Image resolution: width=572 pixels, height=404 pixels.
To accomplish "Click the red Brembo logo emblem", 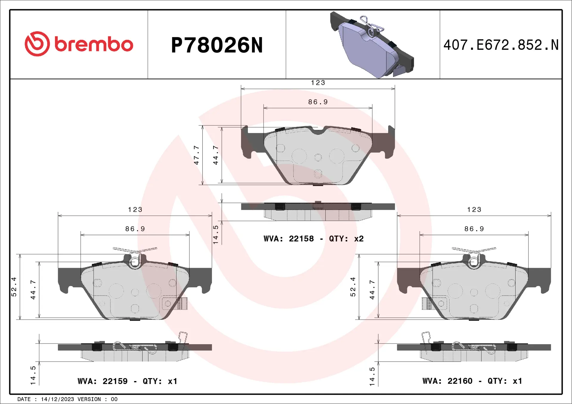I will pos(37,44).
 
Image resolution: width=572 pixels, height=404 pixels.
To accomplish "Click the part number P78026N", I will pos(217,45).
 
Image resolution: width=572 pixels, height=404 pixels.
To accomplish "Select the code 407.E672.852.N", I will pos(501,45).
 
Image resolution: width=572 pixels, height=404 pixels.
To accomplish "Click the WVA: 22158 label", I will pos(288,239).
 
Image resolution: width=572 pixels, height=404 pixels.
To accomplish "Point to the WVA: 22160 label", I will pos(447,381).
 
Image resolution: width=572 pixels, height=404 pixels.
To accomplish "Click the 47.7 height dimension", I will pos(196,155).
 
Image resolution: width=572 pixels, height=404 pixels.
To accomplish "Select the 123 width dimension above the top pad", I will pos(318,83).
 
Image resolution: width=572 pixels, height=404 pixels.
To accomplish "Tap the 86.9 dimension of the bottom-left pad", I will pos(135,229).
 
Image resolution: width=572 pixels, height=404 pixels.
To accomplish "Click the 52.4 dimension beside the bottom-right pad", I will pos(353,287).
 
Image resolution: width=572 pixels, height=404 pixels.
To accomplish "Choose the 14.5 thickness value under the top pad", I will pos(215,235).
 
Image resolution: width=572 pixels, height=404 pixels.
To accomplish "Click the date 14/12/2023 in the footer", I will pos(57,399).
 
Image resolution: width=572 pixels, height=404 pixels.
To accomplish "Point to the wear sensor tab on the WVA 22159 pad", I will pos(182,303).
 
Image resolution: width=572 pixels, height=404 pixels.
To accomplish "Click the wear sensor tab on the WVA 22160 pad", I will pos(427,303).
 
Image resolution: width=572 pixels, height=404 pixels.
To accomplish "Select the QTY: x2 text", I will pos(346,239).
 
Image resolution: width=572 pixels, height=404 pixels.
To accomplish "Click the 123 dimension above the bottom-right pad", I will pos(474,209).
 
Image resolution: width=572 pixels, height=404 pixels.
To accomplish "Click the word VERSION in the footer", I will pos(89,399).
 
